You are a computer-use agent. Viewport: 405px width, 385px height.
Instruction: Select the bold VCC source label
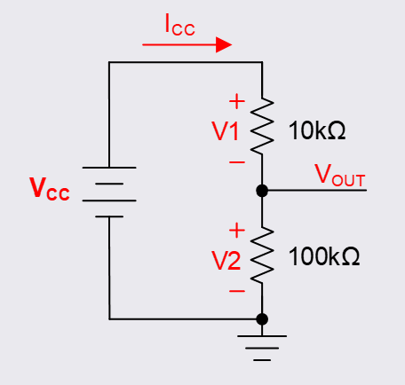[x=49, y=189]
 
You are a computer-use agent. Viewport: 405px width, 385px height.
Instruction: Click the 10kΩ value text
[x=317, y=131]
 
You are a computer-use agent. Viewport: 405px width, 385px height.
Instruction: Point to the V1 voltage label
[x=226, y=131]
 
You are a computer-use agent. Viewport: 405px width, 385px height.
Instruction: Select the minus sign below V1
[x=236, y=162]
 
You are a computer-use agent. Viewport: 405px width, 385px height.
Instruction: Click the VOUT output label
[x=340, y=175]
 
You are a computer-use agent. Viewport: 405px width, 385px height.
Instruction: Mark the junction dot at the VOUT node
[x=262, y=191]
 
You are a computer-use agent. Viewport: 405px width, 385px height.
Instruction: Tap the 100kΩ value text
[x=323, y=257]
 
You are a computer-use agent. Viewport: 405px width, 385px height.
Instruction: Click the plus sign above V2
[x=236, y=230]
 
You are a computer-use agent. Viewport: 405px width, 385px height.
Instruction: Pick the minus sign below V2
[x=236, y=290]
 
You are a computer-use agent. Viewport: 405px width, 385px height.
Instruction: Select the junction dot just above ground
[x=262, y=318]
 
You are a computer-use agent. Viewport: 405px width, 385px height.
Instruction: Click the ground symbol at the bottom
[x=262, y=346]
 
